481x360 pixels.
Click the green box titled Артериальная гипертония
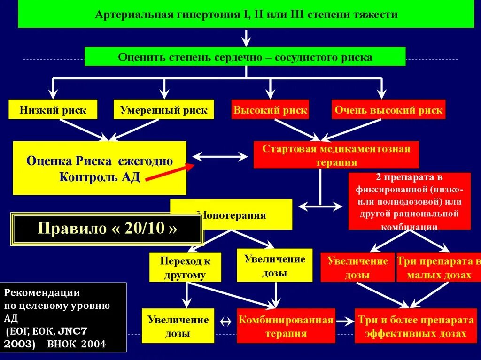[246, 15]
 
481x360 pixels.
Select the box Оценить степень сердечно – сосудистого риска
[245, 57]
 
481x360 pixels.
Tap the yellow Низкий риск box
[53, 110]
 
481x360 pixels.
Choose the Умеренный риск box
[163, 110]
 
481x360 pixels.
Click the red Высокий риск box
[270, 110]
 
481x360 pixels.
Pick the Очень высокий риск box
[388, 110]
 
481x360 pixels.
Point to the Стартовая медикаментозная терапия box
[336, 155]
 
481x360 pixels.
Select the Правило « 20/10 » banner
[108, 229]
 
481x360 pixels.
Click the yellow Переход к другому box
[185, 267]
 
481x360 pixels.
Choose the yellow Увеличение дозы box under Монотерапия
[274, 265]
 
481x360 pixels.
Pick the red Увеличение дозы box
[357, 267]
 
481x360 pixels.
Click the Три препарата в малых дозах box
[438, 267]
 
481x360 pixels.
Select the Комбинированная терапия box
[286, 326]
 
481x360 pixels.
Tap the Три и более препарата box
[416, 326]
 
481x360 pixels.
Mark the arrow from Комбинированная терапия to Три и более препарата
[345, 322]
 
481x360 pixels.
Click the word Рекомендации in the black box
[42, 292]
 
